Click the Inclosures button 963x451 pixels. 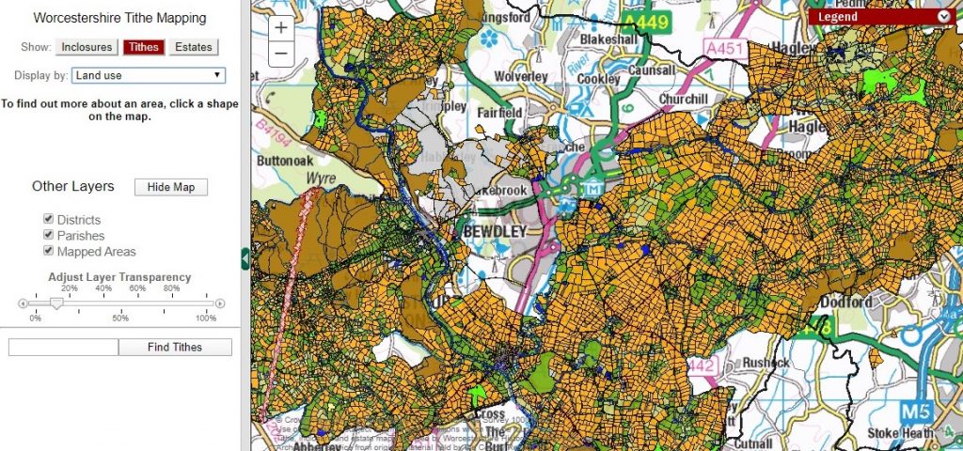click(x=86, y=47)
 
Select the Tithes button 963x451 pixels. click(x=144, y=47)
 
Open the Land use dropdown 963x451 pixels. click(x=148, y=75)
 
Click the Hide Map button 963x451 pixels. click(x=170, y=187)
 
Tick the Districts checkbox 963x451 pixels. click(x=48, y=220)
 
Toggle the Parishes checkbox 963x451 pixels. click(x=48, y=236)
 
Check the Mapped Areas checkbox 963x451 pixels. click(x=48, y=252)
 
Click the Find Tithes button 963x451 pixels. click(x=174, y=348)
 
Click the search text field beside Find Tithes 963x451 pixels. click(x=63, y=348)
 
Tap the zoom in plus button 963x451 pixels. click(x=280, y=28)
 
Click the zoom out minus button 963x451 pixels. click(x=280, y=54)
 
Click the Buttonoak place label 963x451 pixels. click(x=285, y=160)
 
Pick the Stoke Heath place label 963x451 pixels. click(x=901, y=433)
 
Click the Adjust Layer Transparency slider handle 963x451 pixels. click(x=55, y=303)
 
